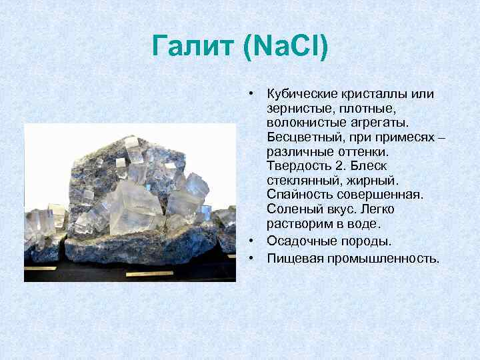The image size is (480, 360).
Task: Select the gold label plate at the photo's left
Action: (41, 269)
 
